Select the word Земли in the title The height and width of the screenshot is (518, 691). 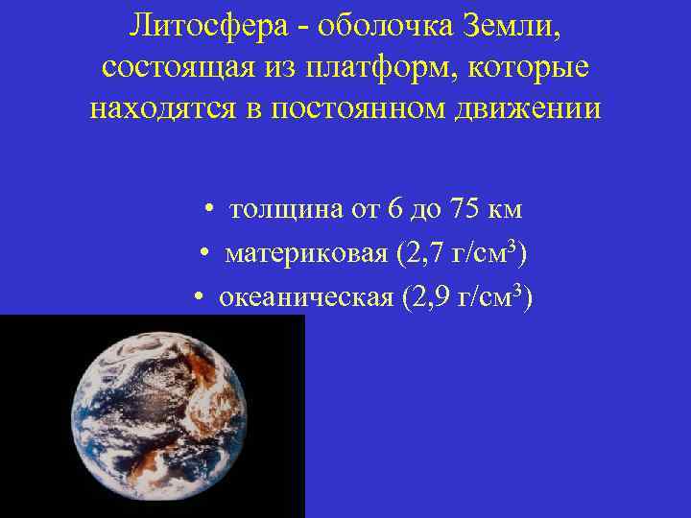click(x=514, y=26)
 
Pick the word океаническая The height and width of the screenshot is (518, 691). click(x=305, y=298)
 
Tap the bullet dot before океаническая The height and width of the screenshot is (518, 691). click(x=197, y=299)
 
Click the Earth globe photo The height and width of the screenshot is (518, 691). click(x=153, y=415)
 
